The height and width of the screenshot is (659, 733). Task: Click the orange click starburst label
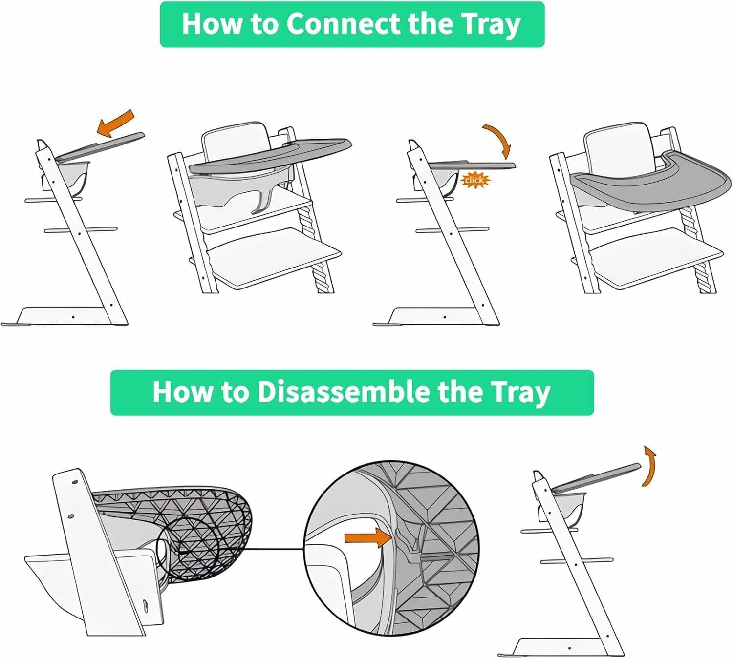tap(475, 180)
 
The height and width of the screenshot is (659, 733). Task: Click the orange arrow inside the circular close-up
tap(368, 538)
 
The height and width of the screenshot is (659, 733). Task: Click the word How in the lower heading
tap(181, 392)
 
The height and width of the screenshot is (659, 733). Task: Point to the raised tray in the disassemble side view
tap(596, 478)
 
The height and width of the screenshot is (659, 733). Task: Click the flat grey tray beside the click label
tap(472, 165)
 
